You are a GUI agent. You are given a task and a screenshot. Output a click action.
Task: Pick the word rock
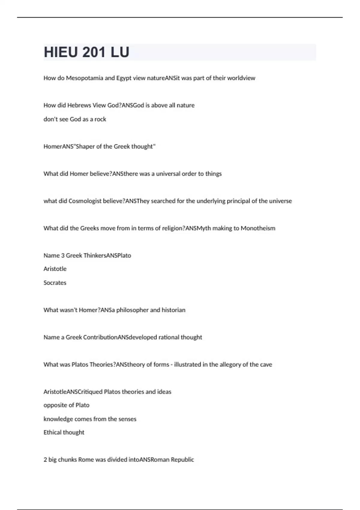click(x=100, y=119)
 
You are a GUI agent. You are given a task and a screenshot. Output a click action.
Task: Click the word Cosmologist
click(x=85, y=201)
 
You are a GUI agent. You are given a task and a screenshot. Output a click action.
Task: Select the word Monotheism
click(x=258, y=228)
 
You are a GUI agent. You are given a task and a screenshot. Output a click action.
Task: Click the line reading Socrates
click(x=55, y=283)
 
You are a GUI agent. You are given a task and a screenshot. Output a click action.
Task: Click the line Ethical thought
click(x=64, y=432)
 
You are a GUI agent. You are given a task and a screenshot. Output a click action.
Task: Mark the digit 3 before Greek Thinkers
click(x=63, y=256)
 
